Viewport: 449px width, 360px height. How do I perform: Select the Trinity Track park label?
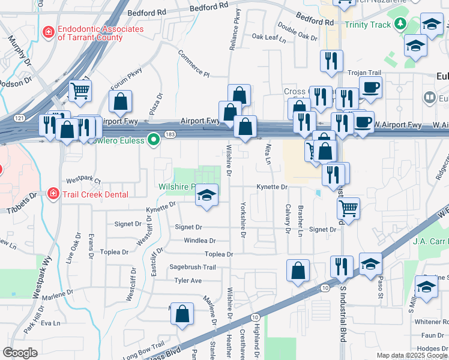(367, 25)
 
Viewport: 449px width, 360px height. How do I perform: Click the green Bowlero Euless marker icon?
(154, 140)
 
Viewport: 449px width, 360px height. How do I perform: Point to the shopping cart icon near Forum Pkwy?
(79, 91)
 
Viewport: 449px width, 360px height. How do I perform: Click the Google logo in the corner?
(20, 353)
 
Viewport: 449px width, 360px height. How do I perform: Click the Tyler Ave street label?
(188, 280)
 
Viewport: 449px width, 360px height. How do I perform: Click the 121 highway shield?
(21, 120)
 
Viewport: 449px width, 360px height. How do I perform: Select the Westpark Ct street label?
(83, 180)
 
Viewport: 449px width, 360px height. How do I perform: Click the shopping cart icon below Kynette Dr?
(348, 208)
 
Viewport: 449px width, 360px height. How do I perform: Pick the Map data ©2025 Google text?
(412, 355)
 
